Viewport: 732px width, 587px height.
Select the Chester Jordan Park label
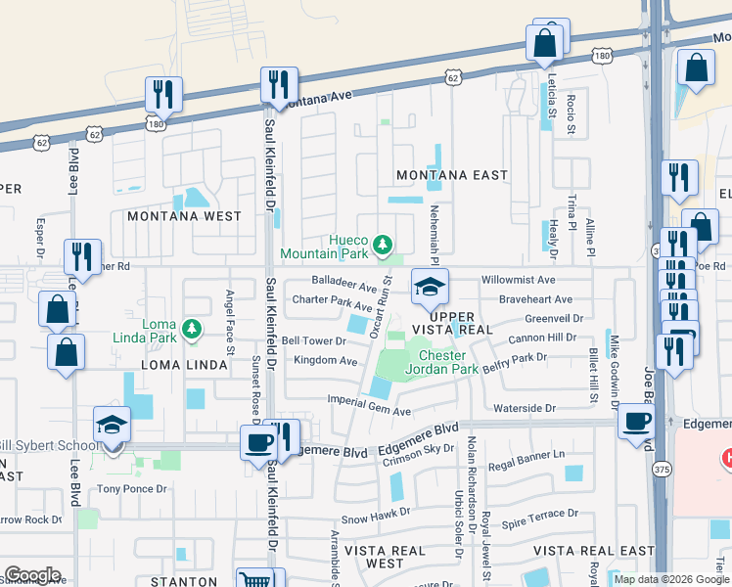pos(447,362)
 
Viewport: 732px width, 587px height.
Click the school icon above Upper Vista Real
pos(429,286)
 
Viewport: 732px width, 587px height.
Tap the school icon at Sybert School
pos(112,427)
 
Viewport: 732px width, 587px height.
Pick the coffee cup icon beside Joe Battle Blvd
pos(637,421)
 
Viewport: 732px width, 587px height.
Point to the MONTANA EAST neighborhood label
pos(451,175)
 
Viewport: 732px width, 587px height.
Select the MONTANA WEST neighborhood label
pos(183,215)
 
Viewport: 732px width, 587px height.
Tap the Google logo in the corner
pos(32,575)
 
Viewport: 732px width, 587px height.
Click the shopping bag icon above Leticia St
pos(545,43)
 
